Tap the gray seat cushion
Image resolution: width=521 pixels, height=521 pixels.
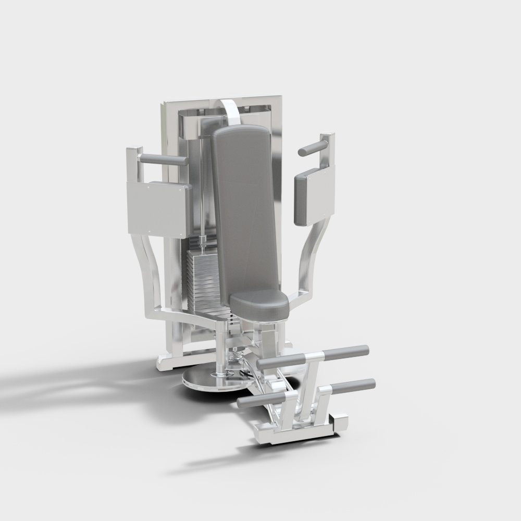tap(259, 304)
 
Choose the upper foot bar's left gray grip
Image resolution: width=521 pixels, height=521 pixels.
tap(279, 362)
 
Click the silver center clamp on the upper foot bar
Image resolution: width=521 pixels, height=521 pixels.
tap(313, 357)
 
